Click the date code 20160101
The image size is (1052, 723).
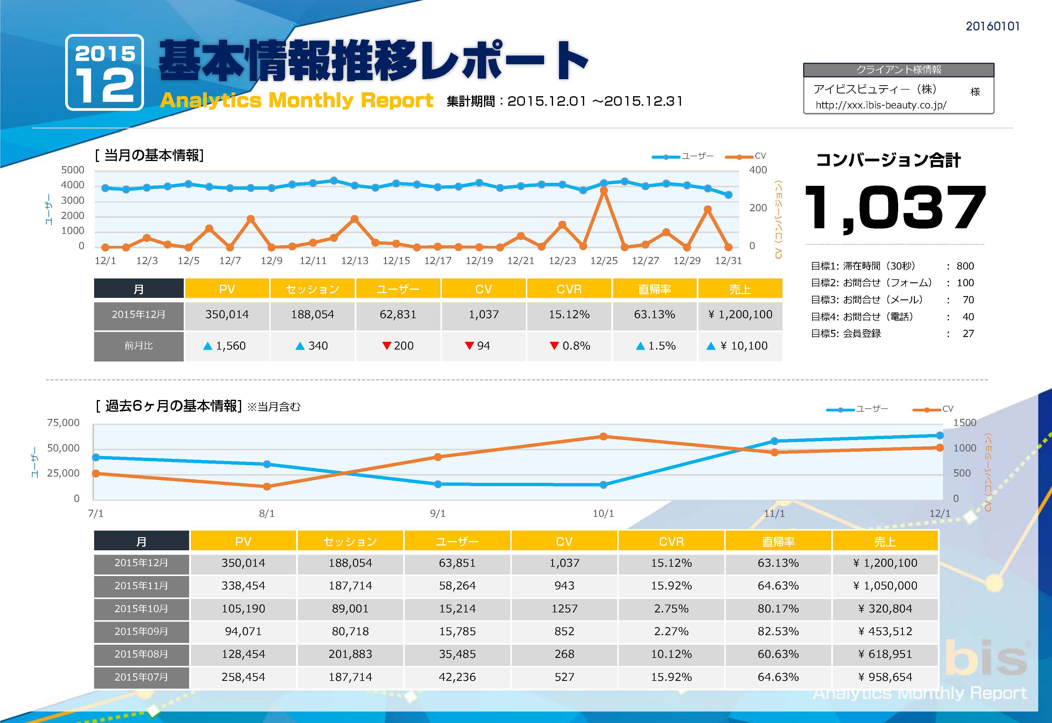click(992, 26)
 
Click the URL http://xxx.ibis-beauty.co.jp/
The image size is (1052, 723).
click(880, 105)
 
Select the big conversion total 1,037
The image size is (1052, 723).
click(895, 208)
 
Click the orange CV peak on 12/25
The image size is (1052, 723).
click(604, 191)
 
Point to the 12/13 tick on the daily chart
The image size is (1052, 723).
click(354, 261)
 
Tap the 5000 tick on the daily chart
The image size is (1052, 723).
click(73, 170)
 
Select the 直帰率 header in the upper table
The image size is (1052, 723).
click(654, 289)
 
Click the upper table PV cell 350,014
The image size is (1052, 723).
click(227, 314)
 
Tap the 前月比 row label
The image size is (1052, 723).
click(139, 346)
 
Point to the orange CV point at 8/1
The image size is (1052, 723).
click(267, 486)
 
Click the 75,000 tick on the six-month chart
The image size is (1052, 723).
click(63, 423)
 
